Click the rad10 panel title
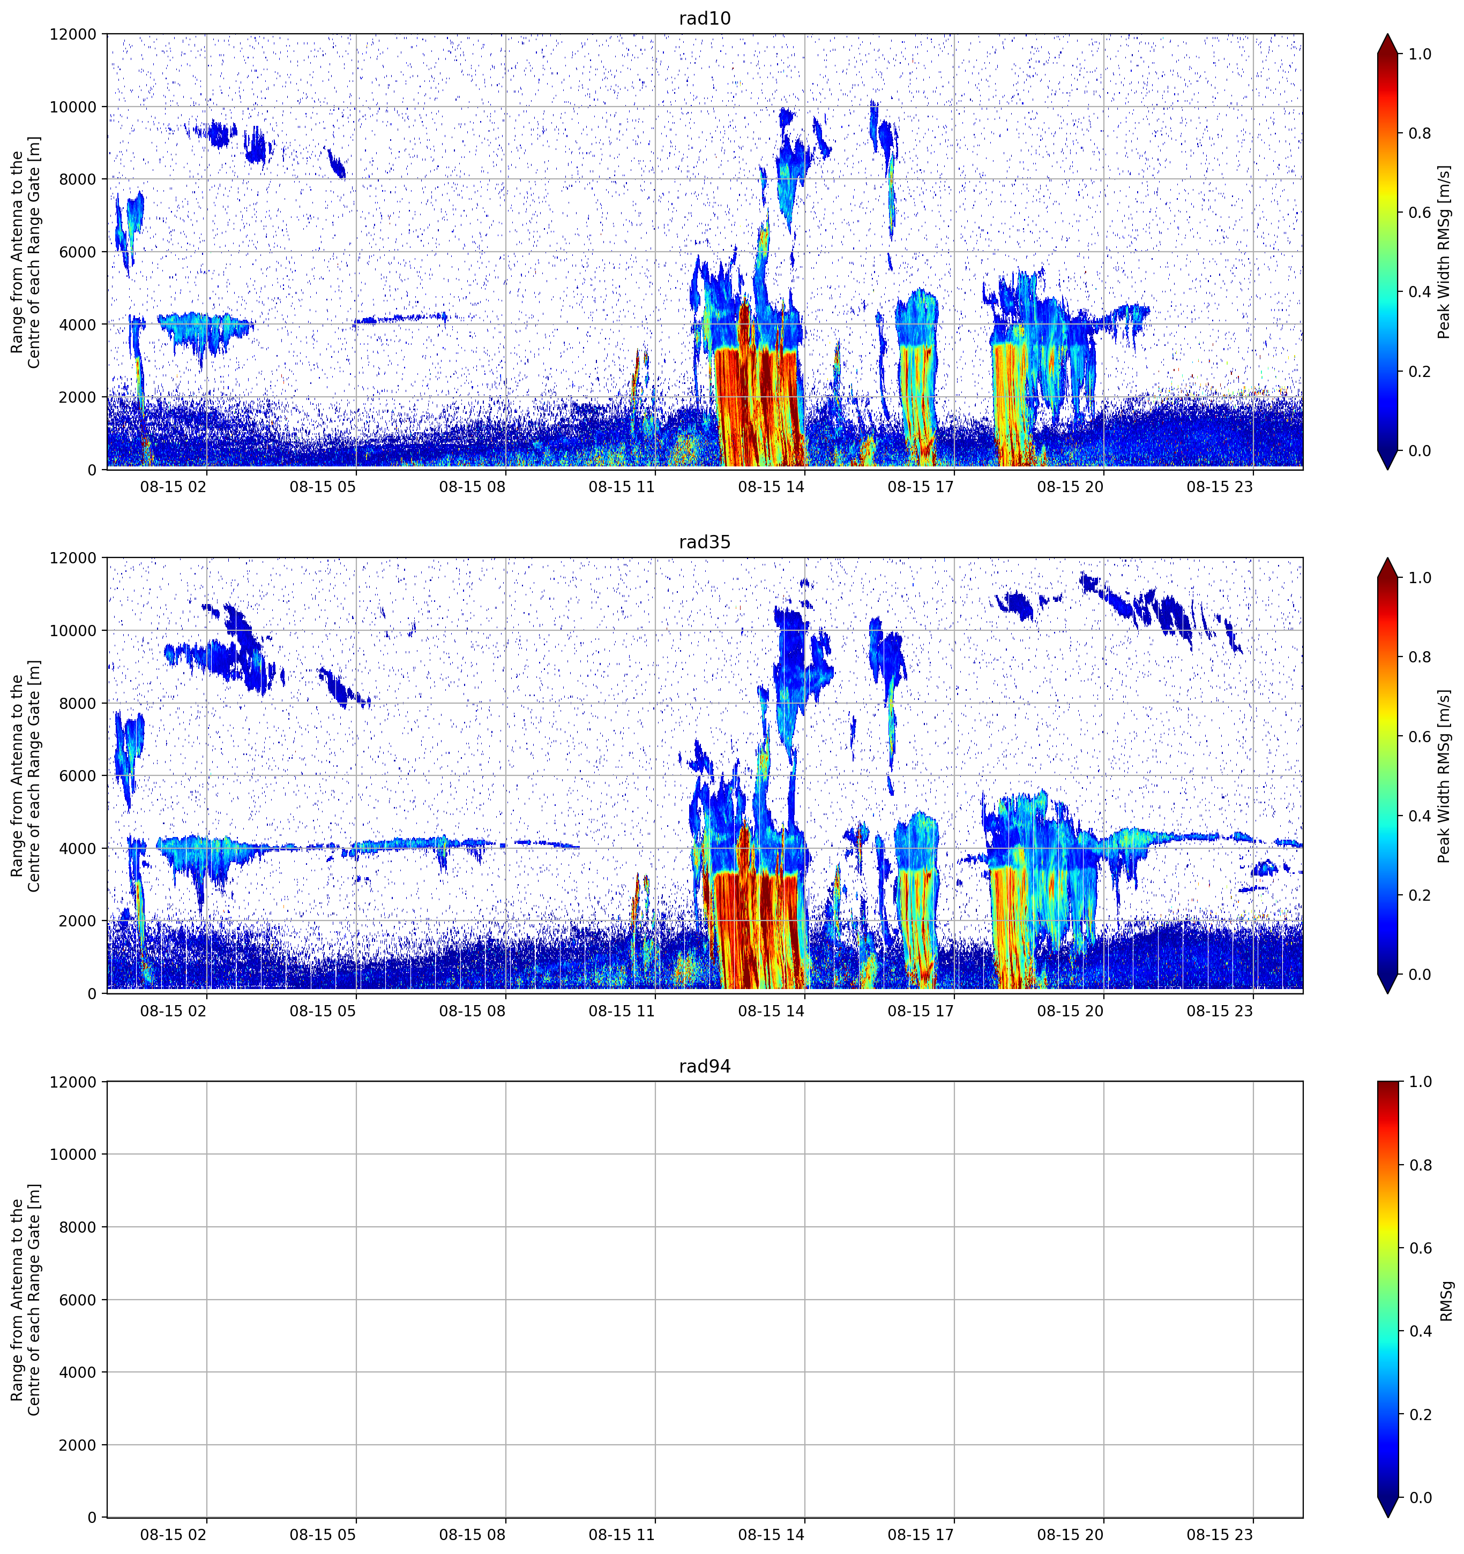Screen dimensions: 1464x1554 coord(705,18)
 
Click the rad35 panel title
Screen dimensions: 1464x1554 coord(705,542)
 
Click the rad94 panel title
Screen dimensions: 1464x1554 coord(705,1066)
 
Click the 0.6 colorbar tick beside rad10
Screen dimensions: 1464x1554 coord(1420,213)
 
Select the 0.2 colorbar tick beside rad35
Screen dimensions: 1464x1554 coord(1420,895)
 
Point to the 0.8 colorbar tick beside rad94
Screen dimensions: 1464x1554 coord(1420,1165)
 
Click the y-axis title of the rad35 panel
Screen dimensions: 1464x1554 coord(25,775)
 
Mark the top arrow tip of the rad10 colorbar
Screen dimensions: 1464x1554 coord(1387,34)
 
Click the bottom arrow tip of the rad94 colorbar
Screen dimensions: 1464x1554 coord(1387,1517)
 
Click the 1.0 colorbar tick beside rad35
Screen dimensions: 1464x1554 coord(1420,578)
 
